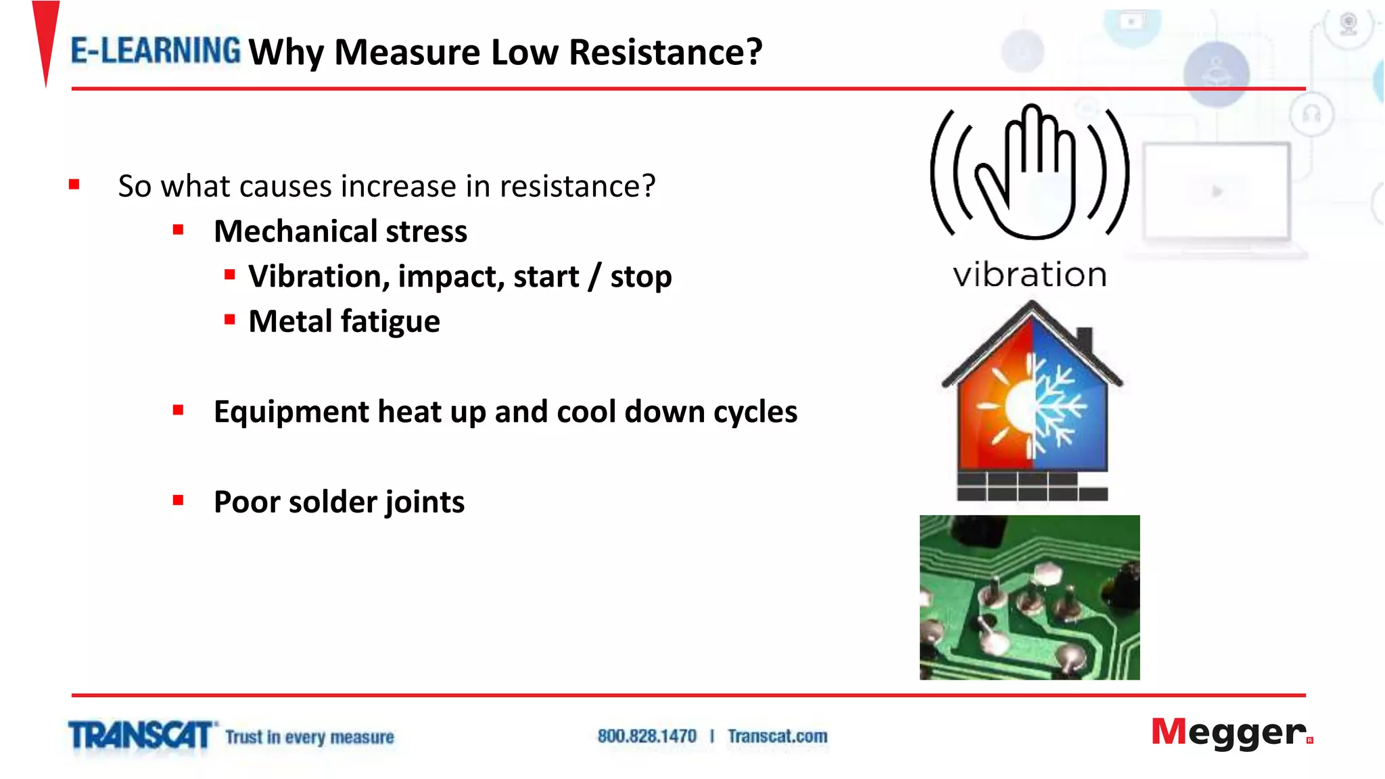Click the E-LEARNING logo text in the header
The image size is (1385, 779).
(x=156, y=51)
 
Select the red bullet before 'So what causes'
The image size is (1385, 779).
(x=74, y=185)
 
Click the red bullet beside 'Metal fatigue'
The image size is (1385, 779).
(x=230, y=320)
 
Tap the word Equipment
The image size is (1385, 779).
(x=291, y=412)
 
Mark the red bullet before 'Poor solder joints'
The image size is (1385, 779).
(x=179, y=500)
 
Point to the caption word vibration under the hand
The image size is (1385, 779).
(x=1029, y=275)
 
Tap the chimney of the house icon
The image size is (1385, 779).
(x=1084, y=339)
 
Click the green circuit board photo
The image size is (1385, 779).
(x=1029, y=597)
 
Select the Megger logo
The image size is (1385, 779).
(x=1231, y=733)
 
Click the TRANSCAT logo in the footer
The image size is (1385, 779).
(x=141, y=736)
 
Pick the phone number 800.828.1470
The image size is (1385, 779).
(x=647, y=736)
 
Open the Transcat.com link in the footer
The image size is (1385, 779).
(x=778, y=736)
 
